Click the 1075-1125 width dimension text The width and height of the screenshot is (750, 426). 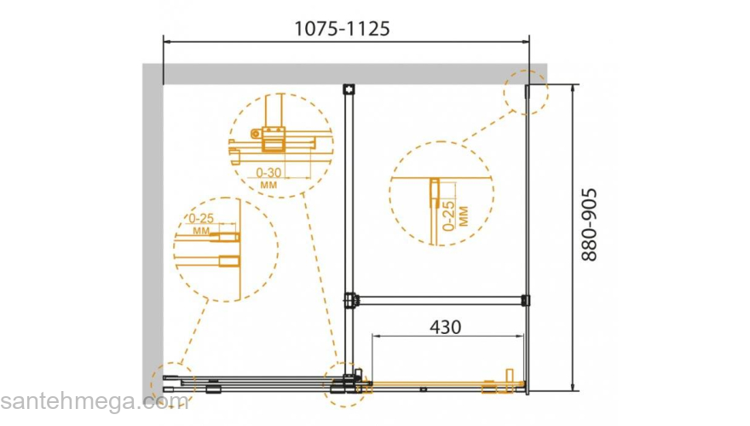(x=342, y=29)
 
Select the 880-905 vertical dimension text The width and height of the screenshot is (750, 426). (x=589, y=225)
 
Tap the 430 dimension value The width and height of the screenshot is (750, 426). (x=445, y=327)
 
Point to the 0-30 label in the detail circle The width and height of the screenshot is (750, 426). (x=268, y=173)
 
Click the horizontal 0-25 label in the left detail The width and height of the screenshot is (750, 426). (x=201, y=218)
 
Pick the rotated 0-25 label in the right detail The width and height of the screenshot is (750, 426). (x=448, y=216)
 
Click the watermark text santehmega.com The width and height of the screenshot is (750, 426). (x=95, y=400)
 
